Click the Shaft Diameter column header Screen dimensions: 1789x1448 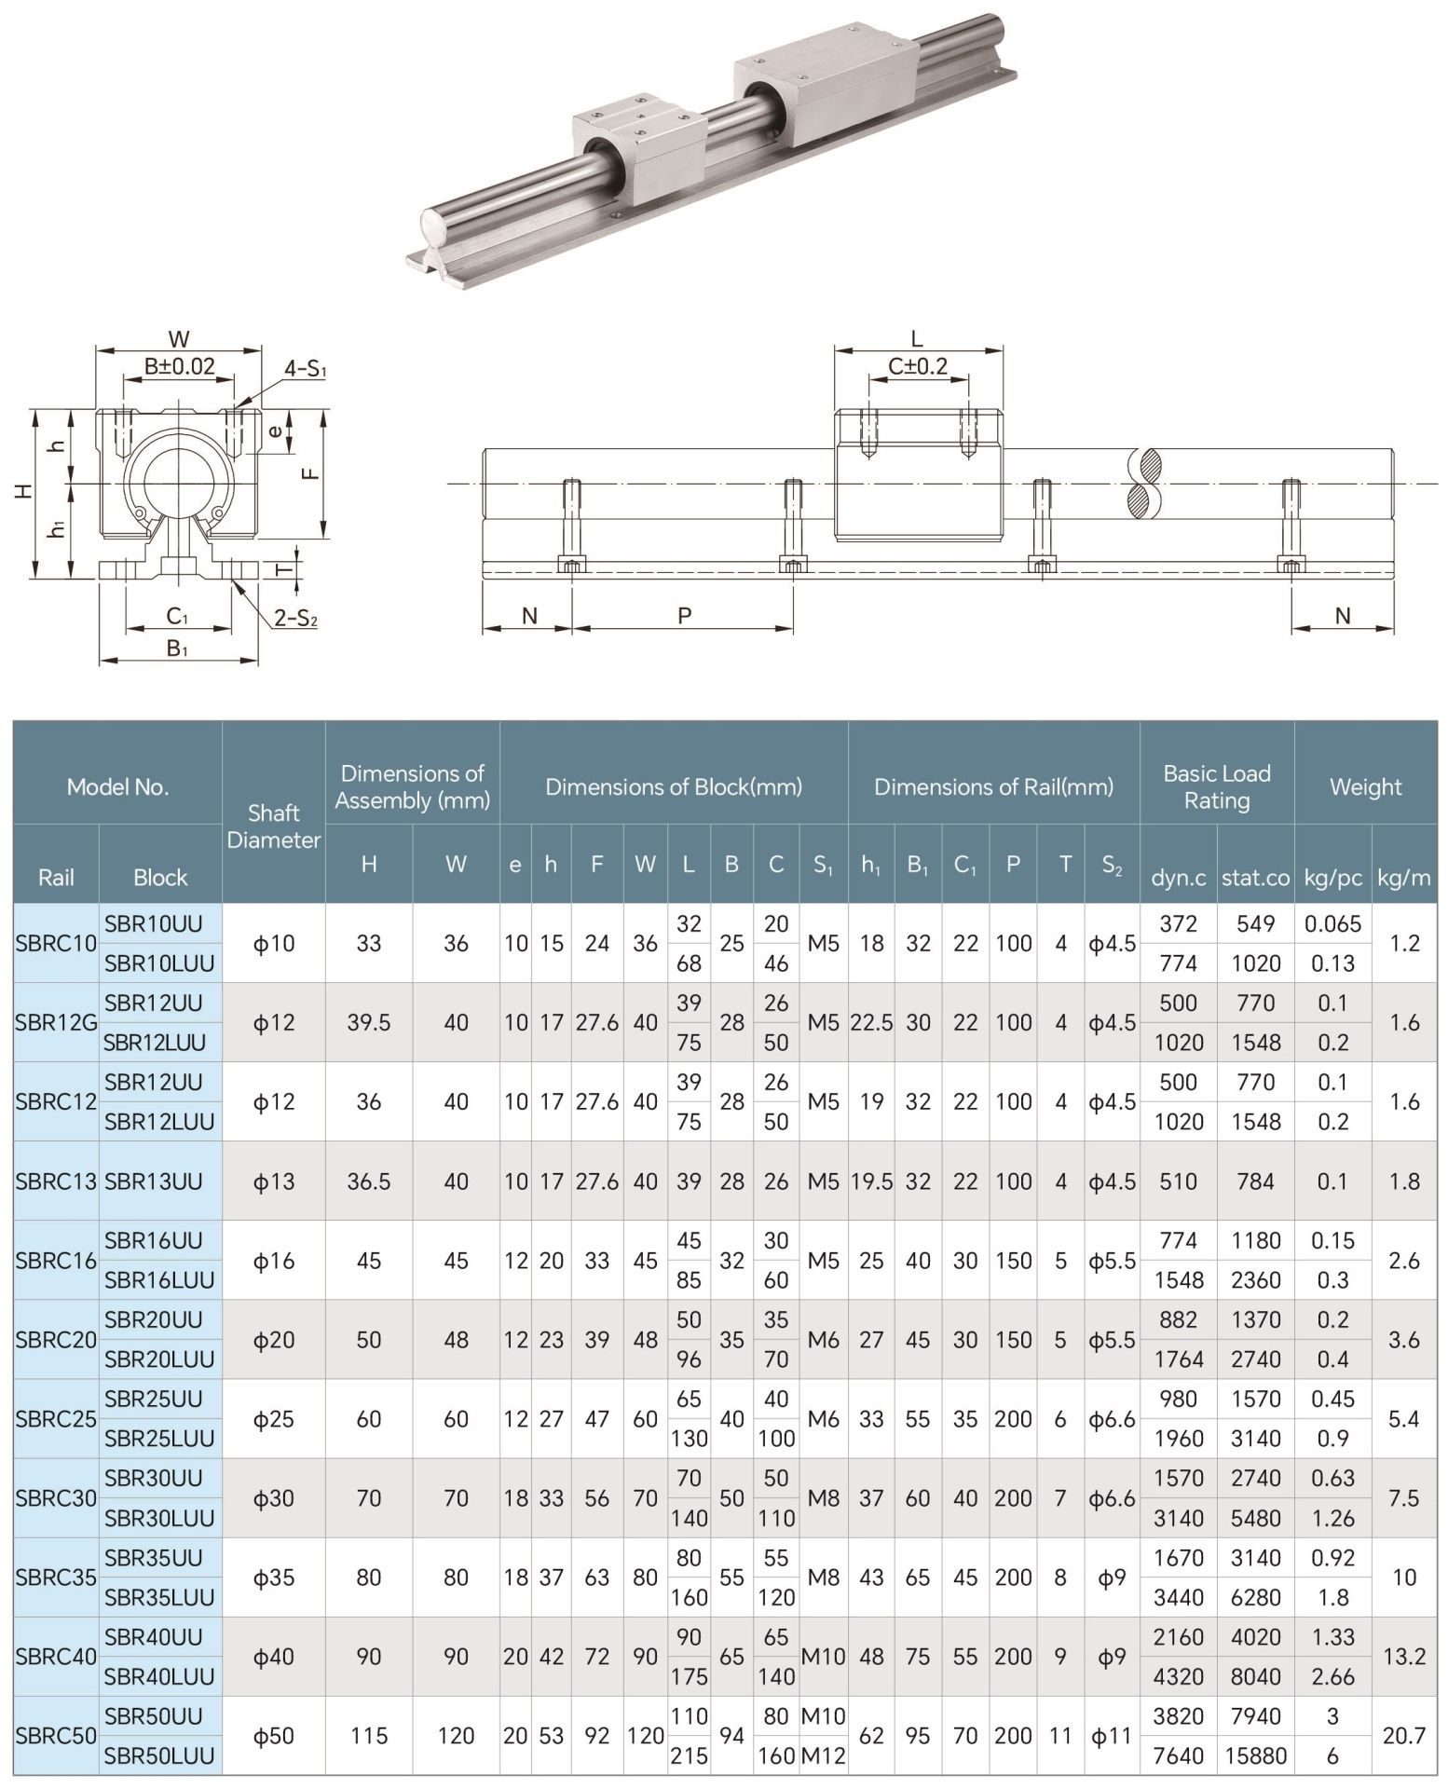point(273,826)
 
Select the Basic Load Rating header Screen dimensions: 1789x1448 point(1216,786)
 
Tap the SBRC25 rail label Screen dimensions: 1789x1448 point(56,1418)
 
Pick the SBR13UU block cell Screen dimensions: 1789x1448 point(154,1181)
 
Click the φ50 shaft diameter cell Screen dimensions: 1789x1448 point(273,1735)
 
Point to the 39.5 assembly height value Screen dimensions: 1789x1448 point(368,1022)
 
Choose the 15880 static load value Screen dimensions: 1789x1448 point(1255,1755)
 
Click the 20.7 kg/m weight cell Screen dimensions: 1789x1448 point(1403,1735)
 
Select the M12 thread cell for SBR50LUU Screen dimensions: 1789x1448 point(824,1755)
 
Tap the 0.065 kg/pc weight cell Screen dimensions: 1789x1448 point(1332,923)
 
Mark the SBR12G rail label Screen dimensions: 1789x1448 point(56,1022)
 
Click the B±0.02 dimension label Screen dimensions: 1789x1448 point(179,366)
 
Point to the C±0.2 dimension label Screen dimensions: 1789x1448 point(917,366)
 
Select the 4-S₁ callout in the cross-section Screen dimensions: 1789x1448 point(305,369)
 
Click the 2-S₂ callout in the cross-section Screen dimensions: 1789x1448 point(295,618)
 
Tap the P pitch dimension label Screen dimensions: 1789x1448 point(684,615)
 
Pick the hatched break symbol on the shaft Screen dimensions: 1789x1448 point(1144,483)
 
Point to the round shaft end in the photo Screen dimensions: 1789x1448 point(436,228)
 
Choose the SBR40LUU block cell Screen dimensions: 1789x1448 point(159,1676)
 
